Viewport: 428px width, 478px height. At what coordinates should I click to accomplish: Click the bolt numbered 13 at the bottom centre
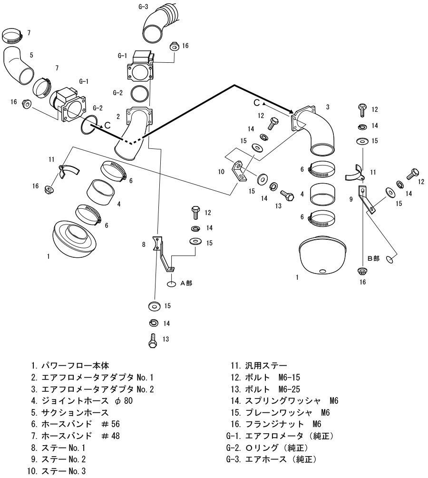153,340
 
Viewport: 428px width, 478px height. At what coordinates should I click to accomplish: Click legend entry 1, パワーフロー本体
71,366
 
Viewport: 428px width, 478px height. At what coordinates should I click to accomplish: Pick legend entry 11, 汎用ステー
259,366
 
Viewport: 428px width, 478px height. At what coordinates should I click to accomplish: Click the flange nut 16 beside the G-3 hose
174,47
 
